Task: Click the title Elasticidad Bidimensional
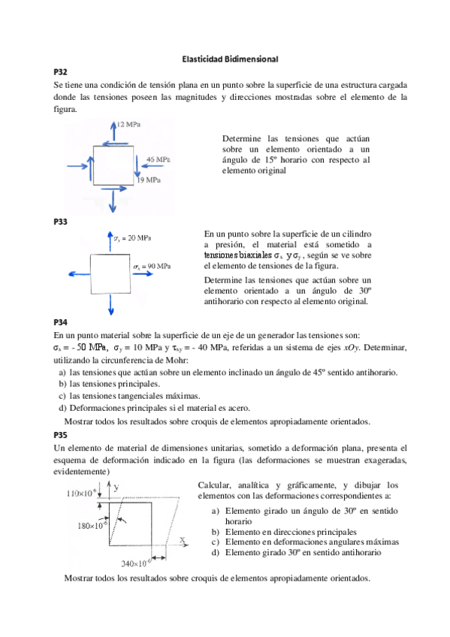tap(231, 58)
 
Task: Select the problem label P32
tap(61, 72)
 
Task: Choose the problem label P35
tap(61, 435)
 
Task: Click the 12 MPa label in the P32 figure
tap(128, 123)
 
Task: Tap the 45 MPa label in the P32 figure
tap(157, 160)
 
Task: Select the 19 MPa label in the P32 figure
tap(149, 180)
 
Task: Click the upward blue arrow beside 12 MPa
tap(113, 132)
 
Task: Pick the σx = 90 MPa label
tap(152, 267)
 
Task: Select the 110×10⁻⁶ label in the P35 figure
tap(81, 494)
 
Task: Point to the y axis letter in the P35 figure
tap(117, 487)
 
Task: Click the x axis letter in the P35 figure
tap(182, 540)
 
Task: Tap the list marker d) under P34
tap(62, 408)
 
